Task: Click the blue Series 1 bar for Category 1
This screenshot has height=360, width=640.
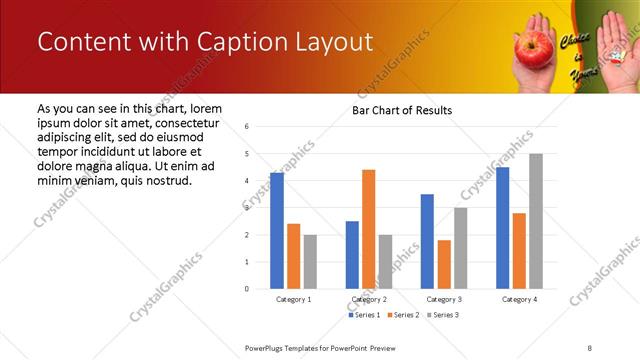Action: tap(277, 231)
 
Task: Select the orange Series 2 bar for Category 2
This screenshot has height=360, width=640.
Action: tap(369, 229)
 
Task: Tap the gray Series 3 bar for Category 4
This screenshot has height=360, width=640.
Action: tap(536, 221)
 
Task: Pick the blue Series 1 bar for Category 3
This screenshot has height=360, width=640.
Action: tap(427, 241)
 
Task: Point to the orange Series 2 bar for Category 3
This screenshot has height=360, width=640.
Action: tap(444, 264)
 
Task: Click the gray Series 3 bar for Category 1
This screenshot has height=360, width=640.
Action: tap(310, 262)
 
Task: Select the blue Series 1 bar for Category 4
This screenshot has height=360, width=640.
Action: tap(502, 228)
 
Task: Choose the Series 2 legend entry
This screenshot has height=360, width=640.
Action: tap(405, 315)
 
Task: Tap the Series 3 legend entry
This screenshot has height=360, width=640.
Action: tap(444, 315)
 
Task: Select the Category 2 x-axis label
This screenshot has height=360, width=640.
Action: tap(369, 299)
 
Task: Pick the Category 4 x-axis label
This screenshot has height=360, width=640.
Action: tap(519, 299)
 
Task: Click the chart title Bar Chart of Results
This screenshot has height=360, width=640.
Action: tap(402, 110)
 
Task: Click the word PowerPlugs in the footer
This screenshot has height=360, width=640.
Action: tap(268, 347)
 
